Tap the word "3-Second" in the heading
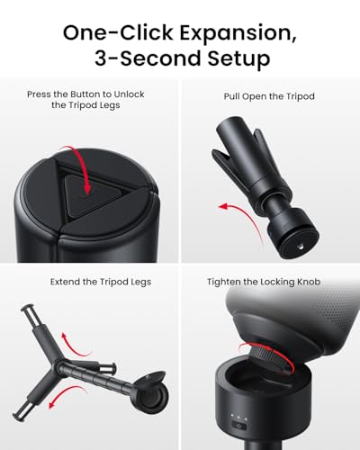(x=148, y=61)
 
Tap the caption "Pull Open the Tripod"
(x=268, y=94)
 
